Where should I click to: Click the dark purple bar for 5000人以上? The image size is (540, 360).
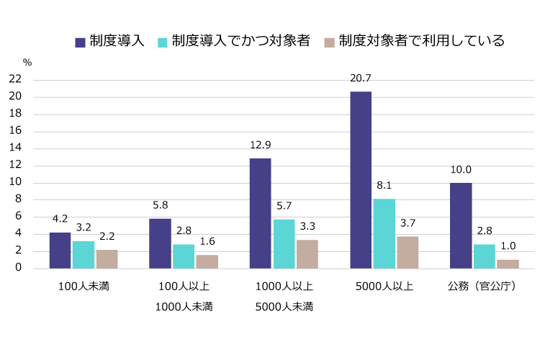[361, 180]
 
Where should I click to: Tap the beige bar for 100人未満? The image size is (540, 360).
[107, 259]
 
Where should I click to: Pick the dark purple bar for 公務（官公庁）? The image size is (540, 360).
[461, 225]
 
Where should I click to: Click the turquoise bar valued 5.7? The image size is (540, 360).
[284, 243]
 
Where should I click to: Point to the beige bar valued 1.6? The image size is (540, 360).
[207, 261]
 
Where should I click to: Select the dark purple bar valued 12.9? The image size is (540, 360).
[261, 213]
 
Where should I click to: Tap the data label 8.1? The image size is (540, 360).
[384, 186]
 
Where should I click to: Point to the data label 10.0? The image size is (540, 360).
[461, 170]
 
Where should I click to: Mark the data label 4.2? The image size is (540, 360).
[60, 219]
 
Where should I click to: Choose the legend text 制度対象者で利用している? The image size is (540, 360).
[421, 41]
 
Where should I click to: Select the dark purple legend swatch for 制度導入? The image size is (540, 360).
[81, 42]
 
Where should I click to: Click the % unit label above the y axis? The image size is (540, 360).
[27, 62]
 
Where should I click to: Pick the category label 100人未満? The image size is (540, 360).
[84, 286]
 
